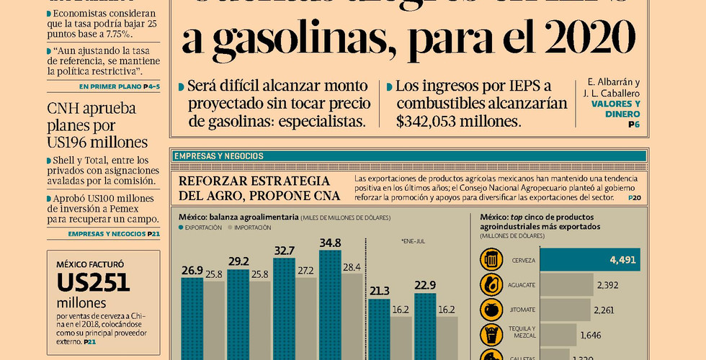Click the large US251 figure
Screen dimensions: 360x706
(94, 282)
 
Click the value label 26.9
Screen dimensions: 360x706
(192, 271)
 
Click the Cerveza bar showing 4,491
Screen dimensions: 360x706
(589, 260)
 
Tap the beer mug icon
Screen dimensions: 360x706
(493, 259)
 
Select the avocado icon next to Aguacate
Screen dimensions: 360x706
(493, 284)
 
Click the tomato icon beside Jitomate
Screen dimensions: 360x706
(493, 310)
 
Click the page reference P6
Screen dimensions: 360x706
(634, 125)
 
